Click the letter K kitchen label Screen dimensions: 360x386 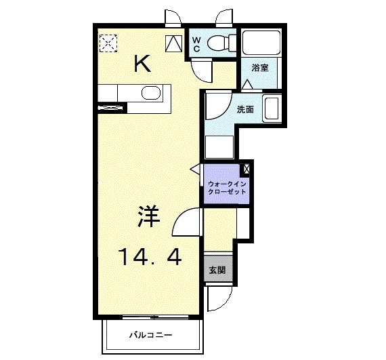point(142,64)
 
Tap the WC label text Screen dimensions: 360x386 point(196,44)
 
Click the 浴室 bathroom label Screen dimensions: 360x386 point(261,67)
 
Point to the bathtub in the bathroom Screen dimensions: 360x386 point(261,43)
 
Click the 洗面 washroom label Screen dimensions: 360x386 point(245,109)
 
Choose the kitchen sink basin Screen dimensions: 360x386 point(150,93)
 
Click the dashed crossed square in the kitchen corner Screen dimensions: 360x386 point(108,43)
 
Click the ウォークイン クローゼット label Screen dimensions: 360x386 point(227,188)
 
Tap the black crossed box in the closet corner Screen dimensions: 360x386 point(246,168)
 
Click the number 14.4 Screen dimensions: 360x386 point(150,257)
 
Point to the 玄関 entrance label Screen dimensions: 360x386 point(217,270)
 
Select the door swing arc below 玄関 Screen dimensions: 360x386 point(218,296)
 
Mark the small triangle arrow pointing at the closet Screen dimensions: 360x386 point(195,168)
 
